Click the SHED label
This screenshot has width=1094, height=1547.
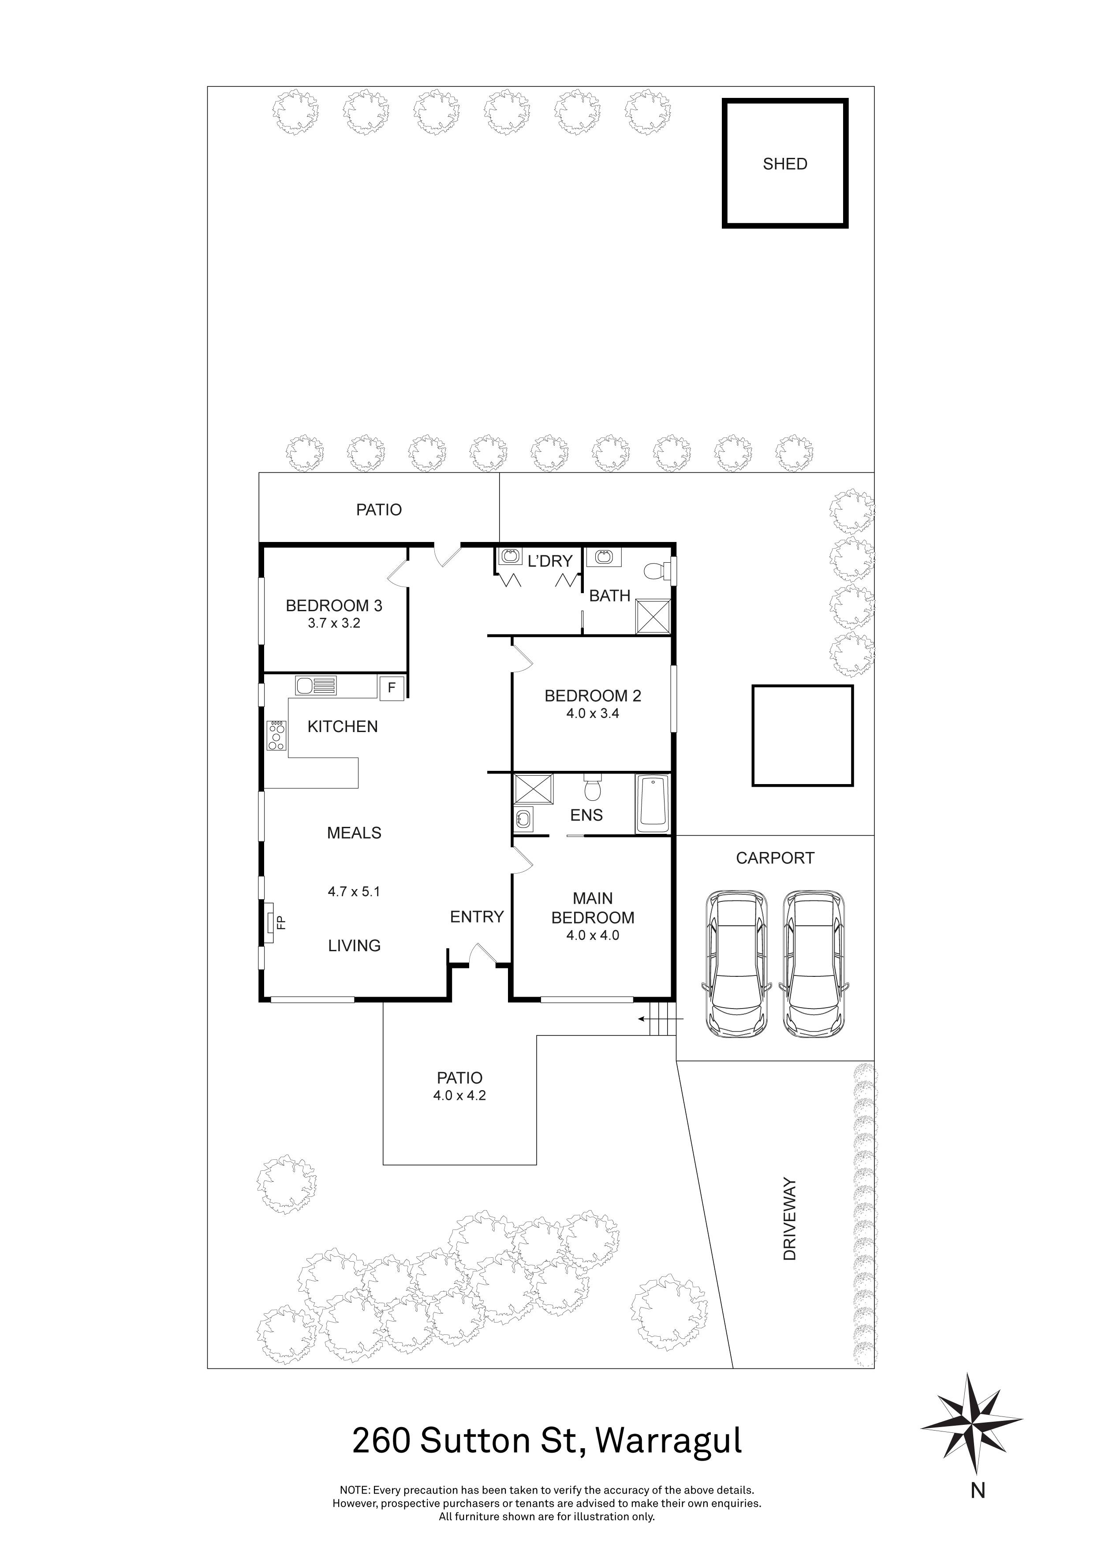coord(785,164)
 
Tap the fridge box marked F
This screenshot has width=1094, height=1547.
coord(392,688)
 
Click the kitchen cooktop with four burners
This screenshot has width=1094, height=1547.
coord(276,735)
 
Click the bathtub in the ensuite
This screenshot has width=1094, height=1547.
coord(653,805)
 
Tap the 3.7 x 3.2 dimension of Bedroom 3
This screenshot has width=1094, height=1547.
coord(334,623)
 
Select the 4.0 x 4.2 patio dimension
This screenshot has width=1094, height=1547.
coord(459,1095)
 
